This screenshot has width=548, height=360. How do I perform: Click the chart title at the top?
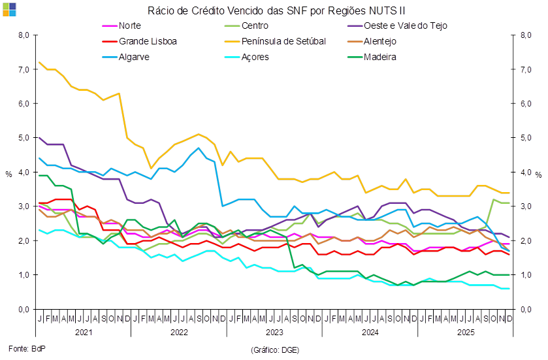tap(276, 10)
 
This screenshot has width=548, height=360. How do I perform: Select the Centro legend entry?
tap(255, 25)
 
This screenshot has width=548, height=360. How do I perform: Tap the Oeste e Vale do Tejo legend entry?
tap(405, 25)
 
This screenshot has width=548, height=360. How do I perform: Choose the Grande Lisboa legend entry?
tap(148, 41)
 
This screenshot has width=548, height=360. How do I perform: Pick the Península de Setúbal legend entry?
tap(283, 41)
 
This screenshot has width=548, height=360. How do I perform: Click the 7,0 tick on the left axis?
tap(24, 69)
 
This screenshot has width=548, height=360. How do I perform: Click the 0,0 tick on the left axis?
tap(24, 309)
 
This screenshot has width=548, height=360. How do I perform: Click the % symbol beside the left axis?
tap(9, 174)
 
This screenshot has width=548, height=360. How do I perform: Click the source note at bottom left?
tap(25, 350)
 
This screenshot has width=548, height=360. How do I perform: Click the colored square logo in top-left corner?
tap(9, 8)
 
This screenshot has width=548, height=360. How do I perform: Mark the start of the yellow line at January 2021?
tap(40, 63)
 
